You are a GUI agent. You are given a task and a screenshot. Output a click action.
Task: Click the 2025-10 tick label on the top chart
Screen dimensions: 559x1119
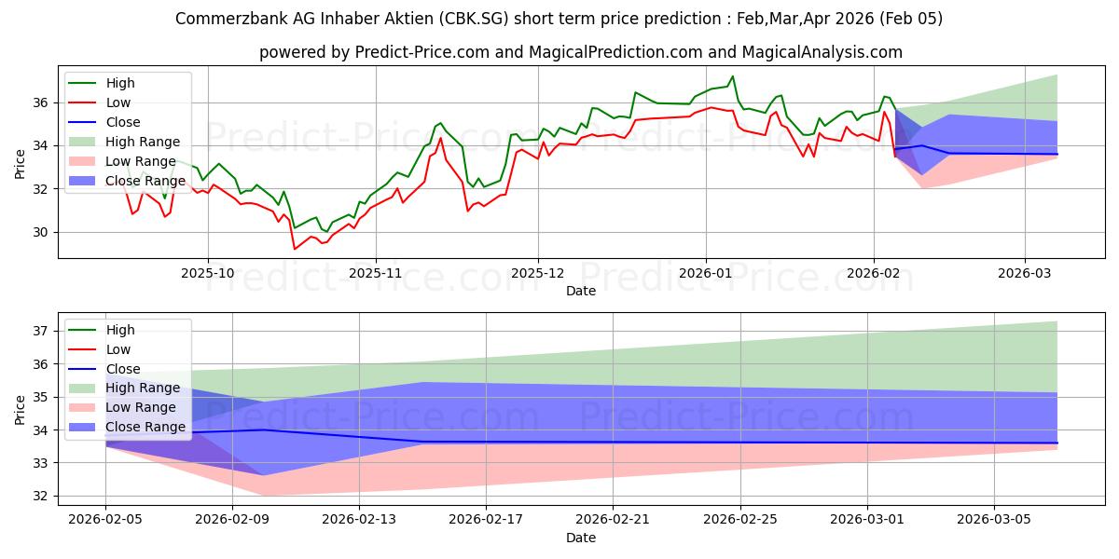pos(208,273)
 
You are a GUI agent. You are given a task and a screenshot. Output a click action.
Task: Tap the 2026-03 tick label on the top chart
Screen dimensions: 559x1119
pos(1025,273)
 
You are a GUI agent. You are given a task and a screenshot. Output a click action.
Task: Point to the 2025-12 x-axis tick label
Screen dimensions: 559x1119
pos(537,273)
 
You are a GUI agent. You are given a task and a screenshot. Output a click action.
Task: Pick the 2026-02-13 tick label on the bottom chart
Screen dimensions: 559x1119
pos(359,520)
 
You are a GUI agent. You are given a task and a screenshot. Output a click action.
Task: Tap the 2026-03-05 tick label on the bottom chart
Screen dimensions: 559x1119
pos(994,520)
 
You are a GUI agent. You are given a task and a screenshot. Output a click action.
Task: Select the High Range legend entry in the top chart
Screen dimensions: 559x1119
pos(143,142)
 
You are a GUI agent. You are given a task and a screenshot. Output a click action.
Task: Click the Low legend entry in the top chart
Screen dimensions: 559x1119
pos(118,102)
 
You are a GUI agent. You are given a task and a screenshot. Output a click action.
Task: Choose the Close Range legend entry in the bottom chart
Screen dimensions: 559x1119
pos(145,427)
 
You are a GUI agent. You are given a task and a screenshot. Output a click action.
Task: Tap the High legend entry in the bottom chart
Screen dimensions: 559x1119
pos(120,330)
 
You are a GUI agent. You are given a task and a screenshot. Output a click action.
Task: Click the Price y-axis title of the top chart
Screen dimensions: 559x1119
pos(20,163)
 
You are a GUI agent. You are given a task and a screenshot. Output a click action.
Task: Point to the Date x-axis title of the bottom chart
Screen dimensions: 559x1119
pos(581,538)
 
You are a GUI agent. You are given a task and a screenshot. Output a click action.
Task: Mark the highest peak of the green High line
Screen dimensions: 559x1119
pos(732,76)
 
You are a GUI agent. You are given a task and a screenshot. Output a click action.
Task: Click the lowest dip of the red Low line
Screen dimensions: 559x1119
pos(295,249)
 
